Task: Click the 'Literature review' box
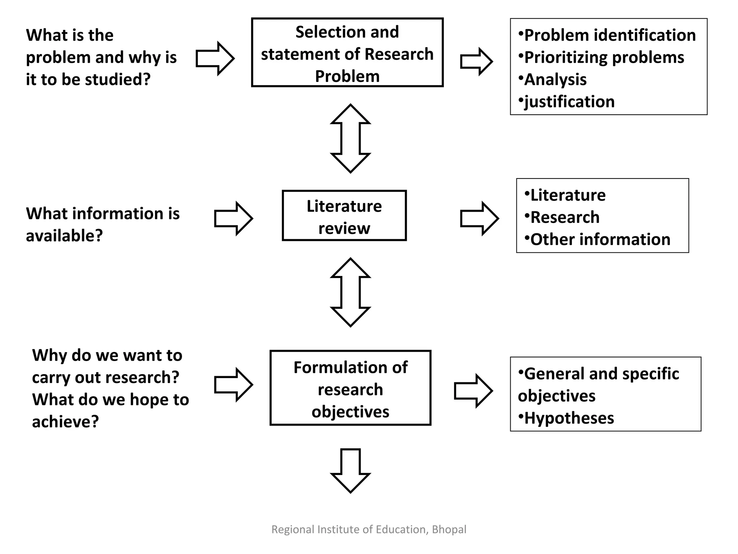click(x=344, y=216)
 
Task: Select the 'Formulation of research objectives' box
click(x=350, y=388)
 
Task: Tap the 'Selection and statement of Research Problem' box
click(x=347, y=53)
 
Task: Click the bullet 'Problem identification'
click(x=609, y=35)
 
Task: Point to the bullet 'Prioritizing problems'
click(x=604, y=58)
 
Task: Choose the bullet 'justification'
click(x=569, y=102)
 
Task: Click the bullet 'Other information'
click(x=600, y=239)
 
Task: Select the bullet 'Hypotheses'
click(x=569, y=418)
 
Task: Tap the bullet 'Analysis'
click(x=555, y=80)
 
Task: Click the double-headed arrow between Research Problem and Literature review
click(x=350, y=138)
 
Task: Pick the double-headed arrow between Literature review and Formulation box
click(x=350, y=292)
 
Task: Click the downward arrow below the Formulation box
click(x=350, y=470)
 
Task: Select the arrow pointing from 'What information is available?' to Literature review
click(x=234, y=219)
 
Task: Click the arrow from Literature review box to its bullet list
click(x=479, y=219)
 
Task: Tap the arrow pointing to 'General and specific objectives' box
click(x=473, y=391)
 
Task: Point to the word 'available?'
click(x=64, y=236)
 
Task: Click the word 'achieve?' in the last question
click(x=65, y=422)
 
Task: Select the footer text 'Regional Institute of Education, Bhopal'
click(x=369, y=529)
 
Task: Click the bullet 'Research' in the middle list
click(x=565, y=217)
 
